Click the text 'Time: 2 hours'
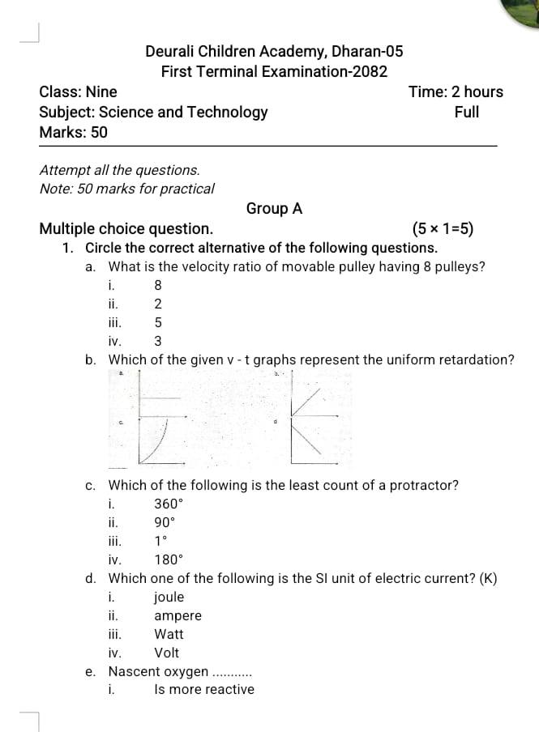(x=456, y=92)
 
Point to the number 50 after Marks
(x=98, y=132)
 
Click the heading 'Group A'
(x=274, y=209)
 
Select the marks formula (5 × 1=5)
(x=443, y=229)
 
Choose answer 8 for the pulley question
(x=158, y=285)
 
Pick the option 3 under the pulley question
(x=158, y=341)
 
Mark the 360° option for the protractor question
(x=169, y=504)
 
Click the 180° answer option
(x=169, y=559)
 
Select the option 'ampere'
(x=178, y=616)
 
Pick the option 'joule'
(x=169, y=598)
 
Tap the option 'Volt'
(x=166, y=653)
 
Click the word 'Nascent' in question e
(x=134, y=672)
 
